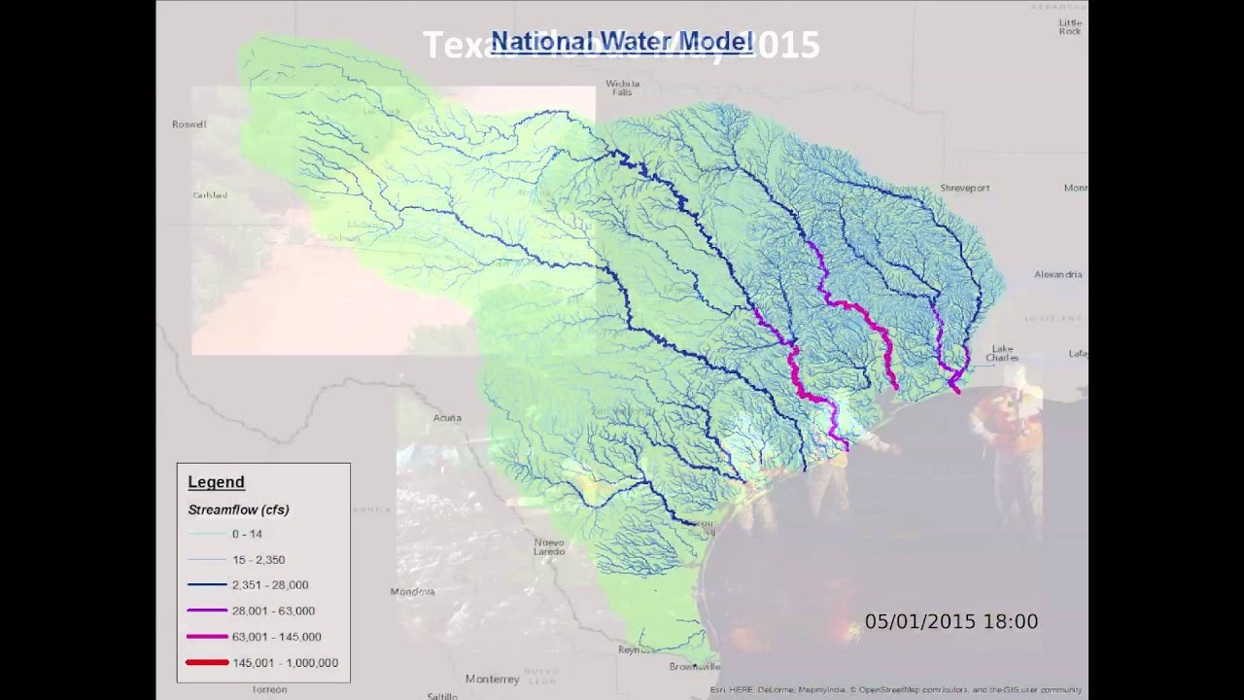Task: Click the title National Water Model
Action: click(x=622, y=42)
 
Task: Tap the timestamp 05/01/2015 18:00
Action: click(x=950, y=621)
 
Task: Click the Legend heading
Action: click(x=216, y=482)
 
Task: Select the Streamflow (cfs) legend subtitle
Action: click(x=238, y=509)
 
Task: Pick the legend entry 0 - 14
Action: click(x=246, y=534)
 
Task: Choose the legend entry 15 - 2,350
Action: click(x=258, y=560)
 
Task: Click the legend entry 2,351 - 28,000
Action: click(x=269, y=585)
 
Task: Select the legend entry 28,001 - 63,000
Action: click(x=272, y=611)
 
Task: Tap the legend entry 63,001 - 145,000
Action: click(x=276, y=637)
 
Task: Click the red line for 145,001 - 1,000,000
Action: click(x=207, y=662)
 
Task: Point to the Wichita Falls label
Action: click(x=622, y=87)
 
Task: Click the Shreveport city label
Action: click(x=964, y=188)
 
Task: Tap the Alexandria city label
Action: click(x=1057, y=274)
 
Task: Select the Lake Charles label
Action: click(x=1002, y=353)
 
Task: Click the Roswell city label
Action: click(x=189, y=124)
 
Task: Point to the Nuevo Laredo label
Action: click(x=549, y=546)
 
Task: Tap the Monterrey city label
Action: click(x=492, y=679)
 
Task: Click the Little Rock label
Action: click(x=1069, y=27)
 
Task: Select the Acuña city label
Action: click(x=447, y=418)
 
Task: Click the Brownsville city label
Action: click(x=694, y=667)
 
